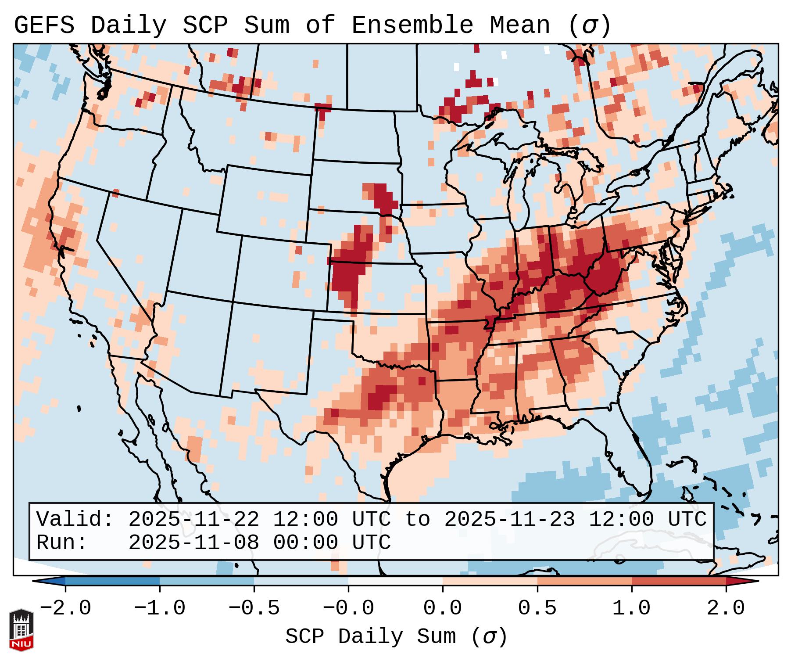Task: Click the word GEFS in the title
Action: coord(44,25)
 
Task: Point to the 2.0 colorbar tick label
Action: coord(726,608)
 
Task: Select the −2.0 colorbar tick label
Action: coord(65,608)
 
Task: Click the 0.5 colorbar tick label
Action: coord(537,608)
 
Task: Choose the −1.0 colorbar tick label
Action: coord(160,608)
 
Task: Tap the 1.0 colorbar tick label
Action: coord(631,608)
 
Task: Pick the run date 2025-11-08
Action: coord(193,542)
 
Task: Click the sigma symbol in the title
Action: coord(589,25)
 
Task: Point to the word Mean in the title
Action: coord(519,25)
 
